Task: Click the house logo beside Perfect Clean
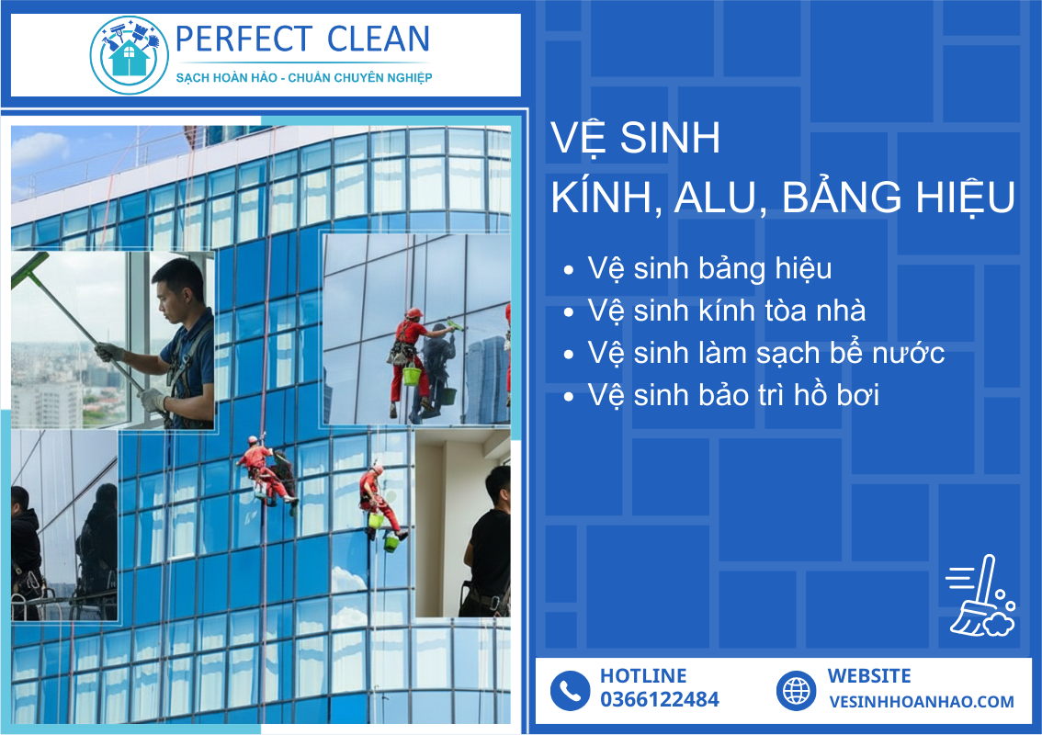129,55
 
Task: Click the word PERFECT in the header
244,39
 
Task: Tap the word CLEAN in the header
379,39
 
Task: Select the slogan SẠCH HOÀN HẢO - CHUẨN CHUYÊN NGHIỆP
304,78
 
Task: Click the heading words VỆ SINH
635,138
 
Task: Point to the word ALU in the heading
721,198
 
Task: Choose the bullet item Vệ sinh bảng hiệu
709,269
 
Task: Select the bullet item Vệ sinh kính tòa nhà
726,311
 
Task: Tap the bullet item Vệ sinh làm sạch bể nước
765,353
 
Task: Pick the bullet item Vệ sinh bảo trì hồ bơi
733,395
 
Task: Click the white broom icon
980,596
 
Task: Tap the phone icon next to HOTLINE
571,691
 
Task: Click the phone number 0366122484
659,699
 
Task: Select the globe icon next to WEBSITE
796,691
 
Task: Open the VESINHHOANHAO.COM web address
921,702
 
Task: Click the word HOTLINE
642,676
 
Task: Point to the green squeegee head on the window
29,270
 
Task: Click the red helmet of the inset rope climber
414,312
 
